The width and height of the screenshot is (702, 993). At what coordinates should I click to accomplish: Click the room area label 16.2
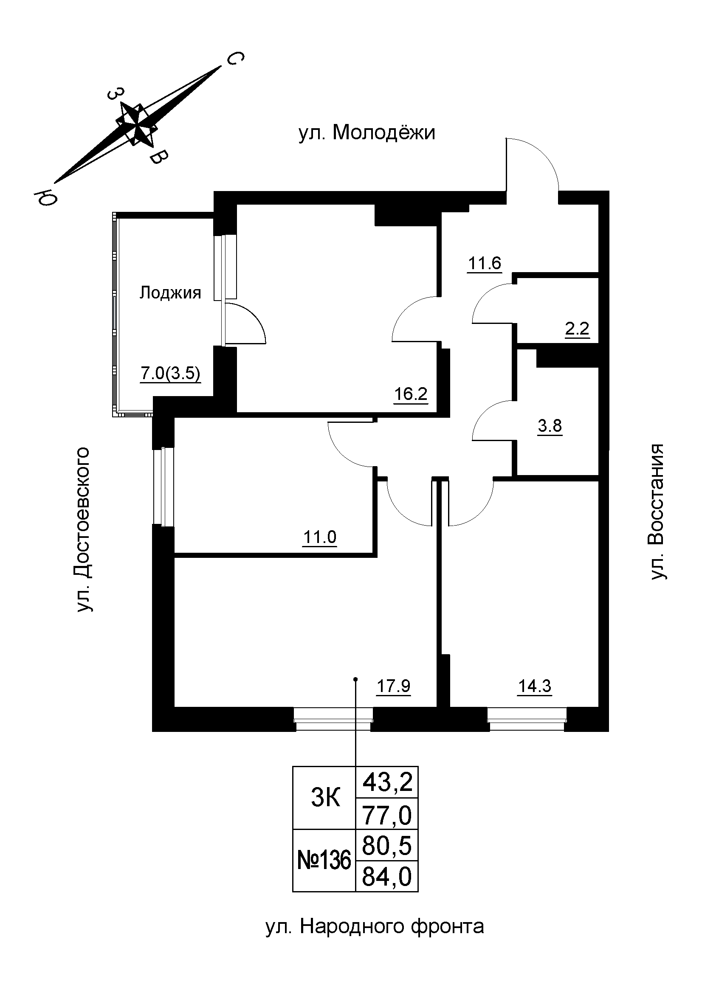[x=411, y=394]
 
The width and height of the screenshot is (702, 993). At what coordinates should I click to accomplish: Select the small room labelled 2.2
[x=577, y=329]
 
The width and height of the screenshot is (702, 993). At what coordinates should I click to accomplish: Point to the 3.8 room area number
[x=550, y=426]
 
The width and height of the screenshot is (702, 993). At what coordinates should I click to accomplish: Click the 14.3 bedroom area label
[x=535, y=686]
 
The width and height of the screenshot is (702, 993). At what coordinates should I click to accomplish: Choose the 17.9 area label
[x=393, y=686]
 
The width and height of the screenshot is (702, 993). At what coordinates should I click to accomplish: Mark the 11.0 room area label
[x=320, y=537]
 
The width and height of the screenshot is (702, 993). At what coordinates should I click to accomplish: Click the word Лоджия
[x=170, y=293]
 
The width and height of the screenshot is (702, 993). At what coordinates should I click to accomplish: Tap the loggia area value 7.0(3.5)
[x=170, y=373]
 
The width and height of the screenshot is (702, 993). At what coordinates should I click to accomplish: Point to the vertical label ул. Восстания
[x=658, y=511]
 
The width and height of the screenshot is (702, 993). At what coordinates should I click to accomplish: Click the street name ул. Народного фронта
[x=375, y=927]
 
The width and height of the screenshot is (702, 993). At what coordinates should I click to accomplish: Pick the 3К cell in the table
[x=326, y=798]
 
